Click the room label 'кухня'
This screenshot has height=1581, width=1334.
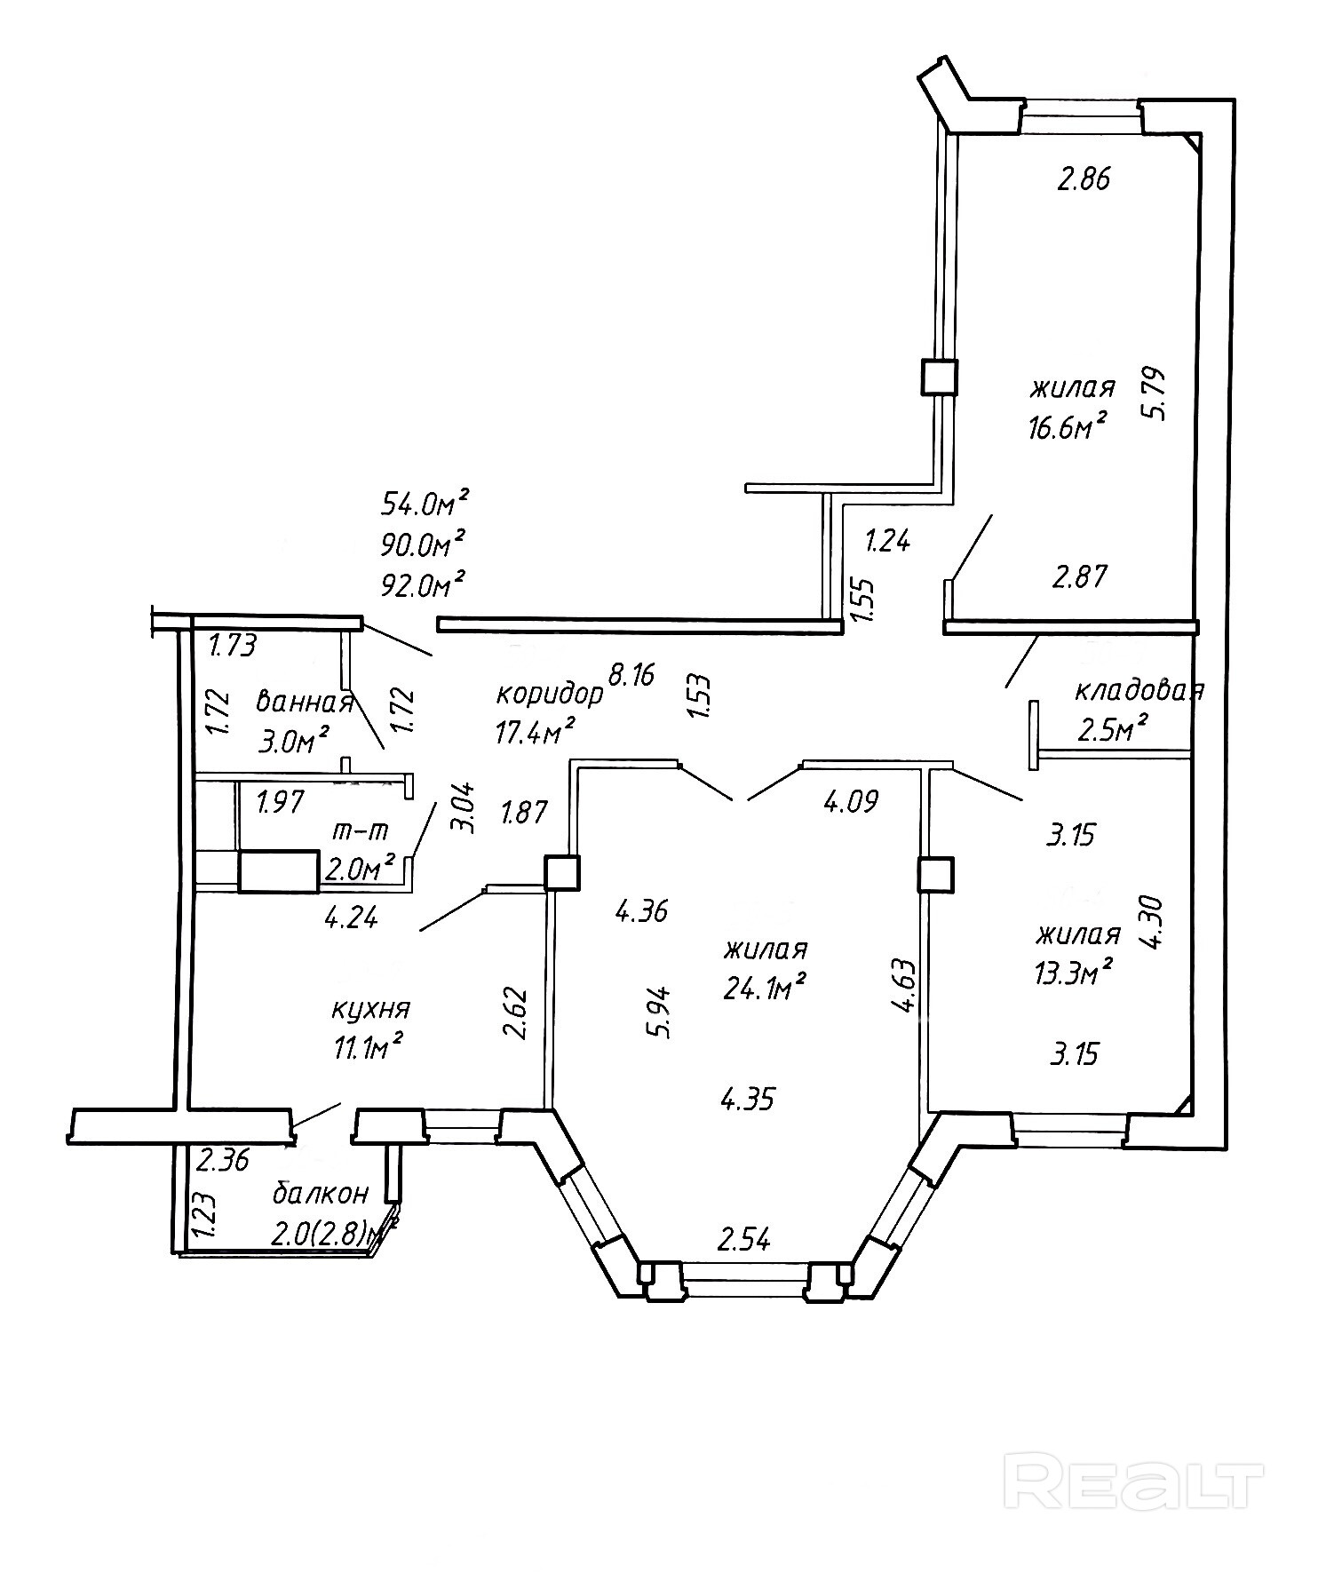[370, 1010]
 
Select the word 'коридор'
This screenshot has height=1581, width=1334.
[549, 693]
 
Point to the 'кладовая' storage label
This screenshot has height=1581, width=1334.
[1139, 691]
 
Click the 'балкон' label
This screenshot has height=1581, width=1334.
[320, 1193]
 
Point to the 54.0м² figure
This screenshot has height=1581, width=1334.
[424, 504]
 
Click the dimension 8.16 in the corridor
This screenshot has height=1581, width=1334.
[631, 676]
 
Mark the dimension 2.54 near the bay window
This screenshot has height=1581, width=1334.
[742, 1238]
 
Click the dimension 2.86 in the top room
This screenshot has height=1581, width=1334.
[1084, 180]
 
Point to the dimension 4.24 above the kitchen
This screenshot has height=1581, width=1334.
[352, 916]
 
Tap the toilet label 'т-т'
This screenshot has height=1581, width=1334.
[361, 831]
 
